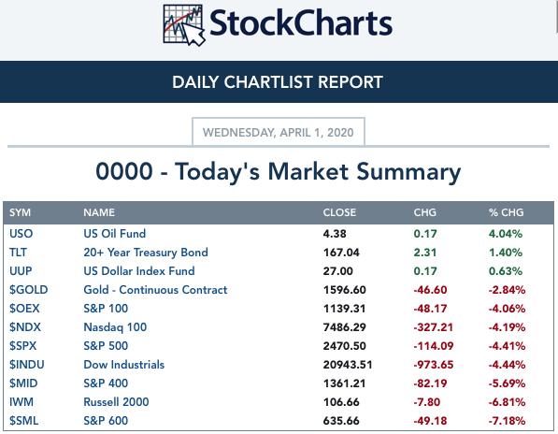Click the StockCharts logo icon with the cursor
pos(184,25)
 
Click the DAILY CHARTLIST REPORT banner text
pos(278,82)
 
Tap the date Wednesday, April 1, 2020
pos(279,133)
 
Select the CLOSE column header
pos(339,212)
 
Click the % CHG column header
pos(506,212)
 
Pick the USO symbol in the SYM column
pos(21,234)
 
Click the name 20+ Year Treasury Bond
pos(146,253)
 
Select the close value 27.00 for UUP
pos(338,271)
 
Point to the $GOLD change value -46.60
pos(430,290)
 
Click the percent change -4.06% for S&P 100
pos(507,309)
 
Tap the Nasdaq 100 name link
pos(115,327)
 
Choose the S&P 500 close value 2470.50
pos(345,346)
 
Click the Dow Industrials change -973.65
pos(434,365)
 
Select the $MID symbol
pos(23,383)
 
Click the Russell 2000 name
pos(116,402)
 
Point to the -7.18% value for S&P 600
pos(507,421)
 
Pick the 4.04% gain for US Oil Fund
pos(506,234)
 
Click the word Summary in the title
pos(408,172)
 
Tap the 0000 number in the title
pos(124,171)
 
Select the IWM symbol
pos(21,402)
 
